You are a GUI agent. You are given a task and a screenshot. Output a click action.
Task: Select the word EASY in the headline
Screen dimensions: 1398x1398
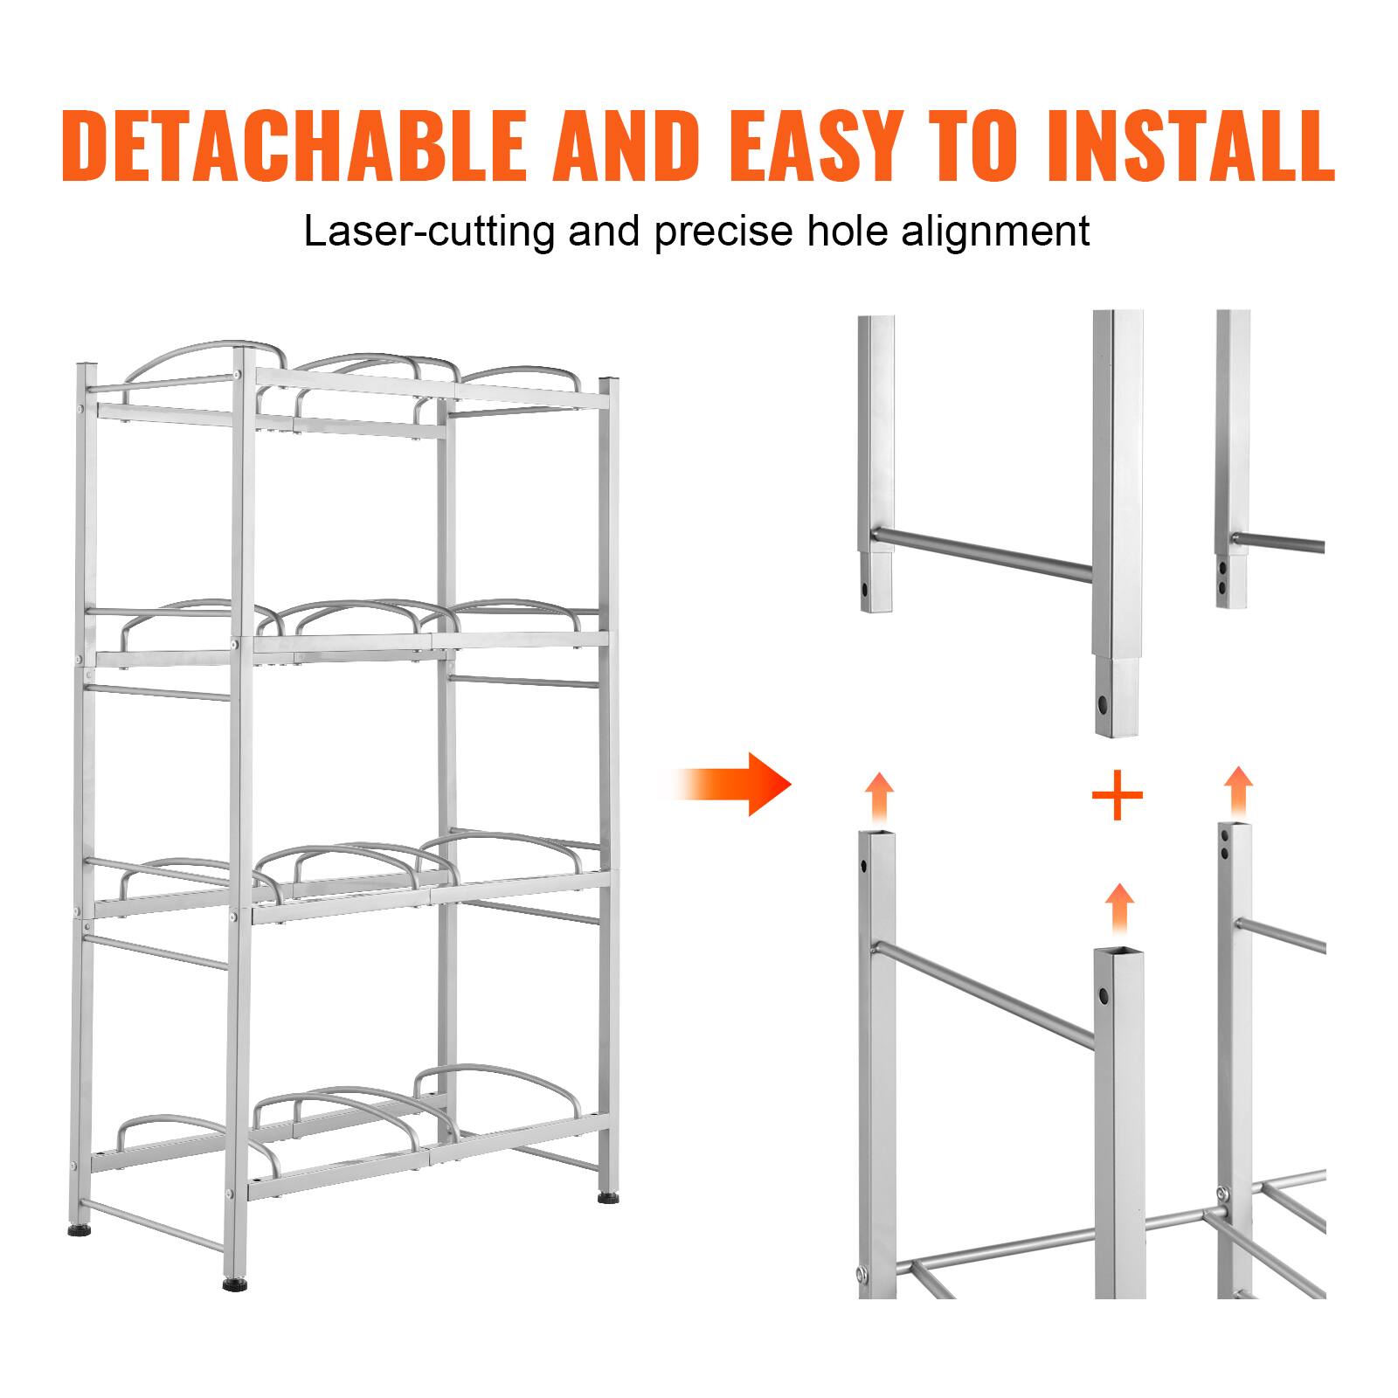coord(819,144)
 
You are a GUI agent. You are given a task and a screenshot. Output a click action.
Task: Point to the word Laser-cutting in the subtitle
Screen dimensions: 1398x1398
coord(429,232)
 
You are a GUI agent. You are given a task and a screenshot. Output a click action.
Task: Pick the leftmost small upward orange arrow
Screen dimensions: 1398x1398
coord(880,797)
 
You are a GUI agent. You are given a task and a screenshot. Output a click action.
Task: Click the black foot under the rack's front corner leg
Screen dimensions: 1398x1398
coord(233,1286)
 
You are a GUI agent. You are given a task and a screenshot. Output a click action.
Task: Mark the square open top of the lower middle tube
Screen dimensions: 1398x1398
coord(1119,952)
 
